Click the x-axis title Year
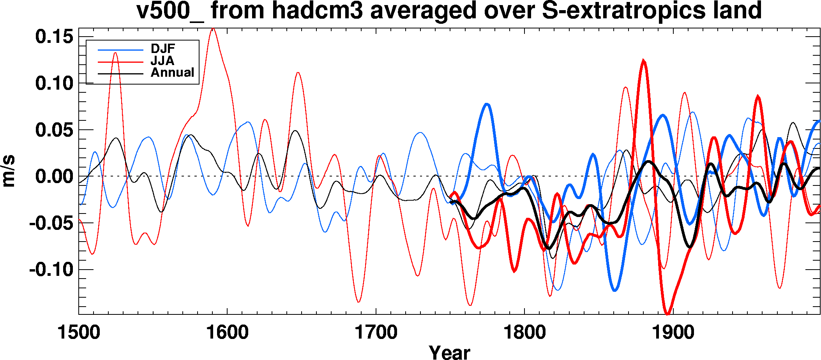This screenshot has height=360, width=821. click(449, 351)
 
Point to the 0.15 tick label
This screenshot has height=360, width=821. click(54, 37)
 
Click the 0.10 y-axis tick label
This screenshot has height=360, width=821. click(54, 83)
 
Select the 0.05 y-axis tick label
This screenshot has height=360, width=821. click(54, 130)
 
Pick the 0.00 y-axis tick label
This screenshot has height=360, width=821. click(54, 176)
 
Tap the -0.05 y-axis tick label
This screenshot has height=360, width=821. click(51, 223)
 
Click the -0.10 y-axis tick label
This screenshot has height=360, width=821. click(51, 270)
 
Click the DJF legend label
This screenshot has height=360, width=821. click(163, 49)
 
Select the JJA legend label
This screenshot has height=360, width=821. click(162, 61)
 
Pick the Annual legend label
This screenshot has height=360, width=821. click(172, 72)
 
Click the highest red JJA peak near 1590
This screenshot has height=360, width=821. click(213, 28)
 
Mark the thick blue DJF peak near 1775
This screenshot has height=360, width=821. click(487, 104)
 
